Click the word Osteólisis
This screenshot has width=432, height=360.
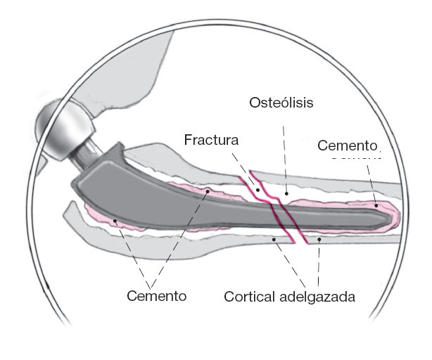pyautogui.click(x=281, y=103)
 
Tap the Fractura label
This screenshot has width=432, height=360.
pyautogui.click(x=211, y=139)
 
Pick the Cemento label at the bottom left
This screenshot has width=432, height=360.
pyautogui.click(x=156, y=295)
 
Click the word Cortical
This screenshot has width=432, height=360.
pyautogui.click(x=250, y=295)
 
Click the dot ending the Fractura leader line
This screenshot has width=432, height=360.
pyautogui.click(x=258, y=189)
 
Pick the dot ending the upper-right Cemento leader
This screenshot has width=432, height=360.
pyautogui.click(x=376, y=205)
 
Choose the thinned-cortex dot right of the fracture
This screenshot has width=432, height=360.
pyautogui.click(x=319, y=240)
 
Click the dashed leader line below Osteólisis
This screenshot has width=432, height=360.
pyautogui.click(x=286, y=151)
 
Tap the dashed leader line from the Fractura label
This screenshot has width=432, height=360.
pyautogui.click(x=249, y=169)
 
